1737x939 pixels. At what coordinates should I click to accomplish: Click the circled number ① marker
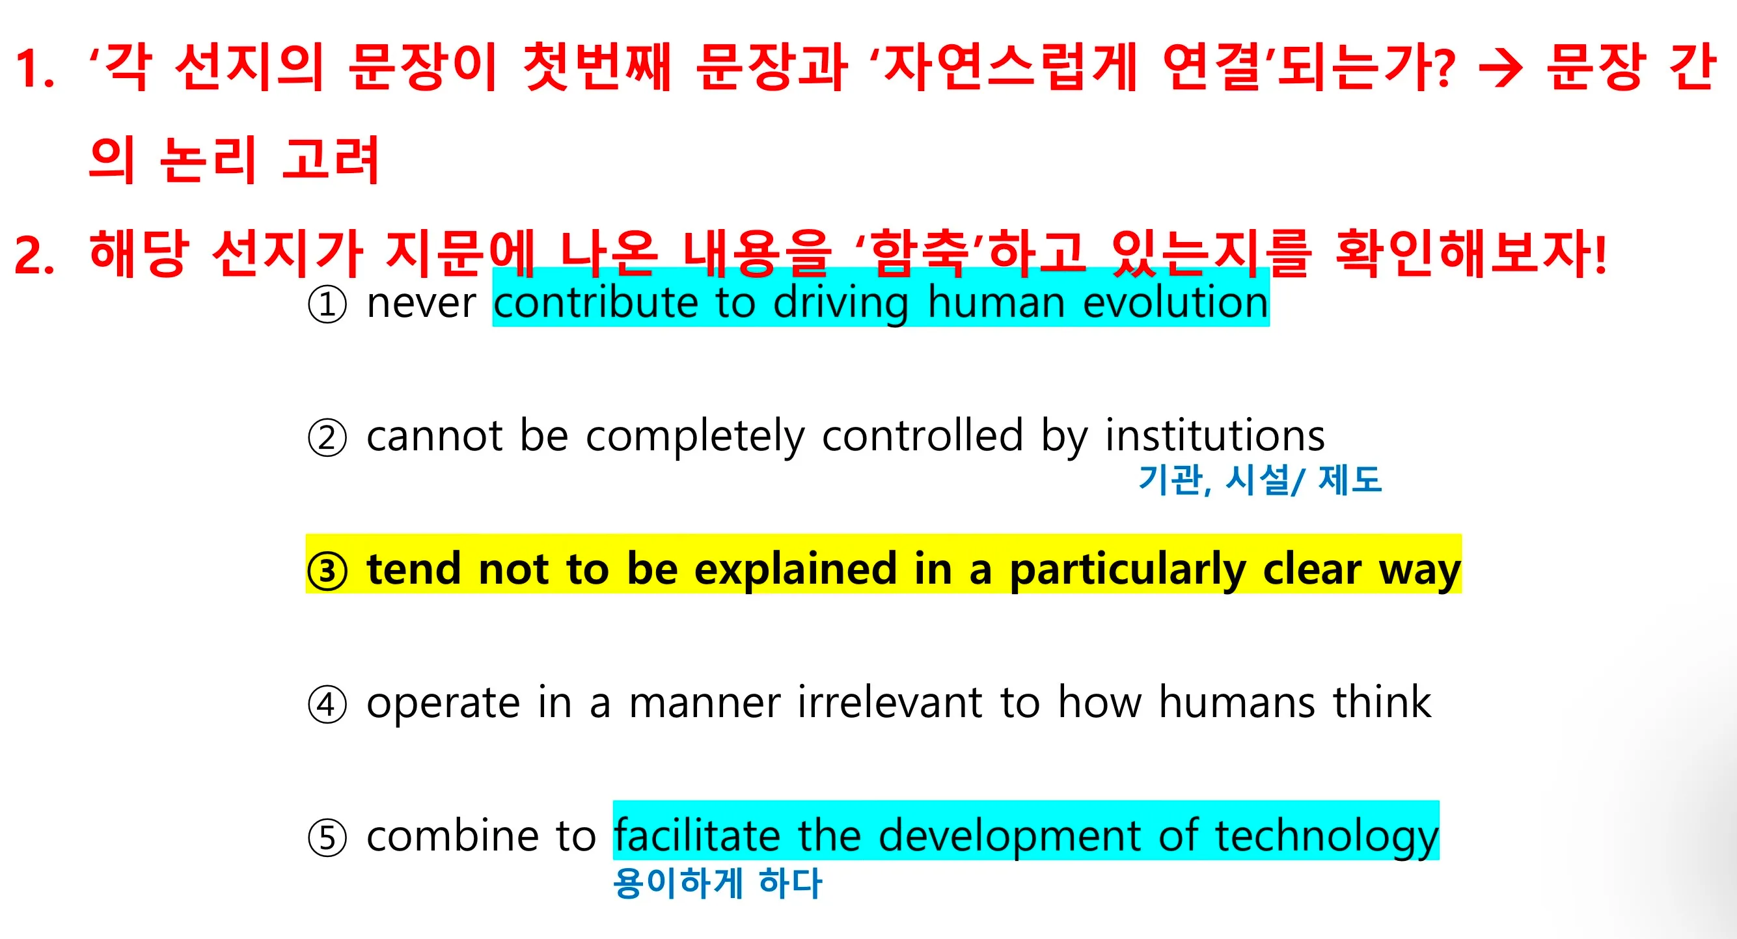[x=327, y=305]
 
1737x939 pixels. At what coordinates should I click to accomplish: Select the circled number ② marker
[x=327, y=438]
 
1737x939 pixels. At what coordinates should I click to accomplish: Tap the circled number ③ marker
[x=327, y=571]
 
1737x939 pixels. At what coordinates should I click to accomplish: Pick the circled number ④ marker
[x=327, y=705]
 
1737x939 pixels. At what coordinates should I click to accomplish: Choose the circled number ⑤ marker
[x=327, y=839]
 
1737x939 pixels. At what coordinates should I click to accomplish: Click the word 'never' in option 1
[x=422, y=303]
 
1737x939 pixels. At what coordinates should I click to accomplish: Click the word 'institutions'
[x=1214, y=435]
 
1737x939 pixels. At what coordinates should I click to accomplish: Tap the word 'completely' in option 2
[x=695, y=437]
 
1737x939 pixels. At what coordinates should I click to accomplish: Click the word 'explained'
[x=796, y=570]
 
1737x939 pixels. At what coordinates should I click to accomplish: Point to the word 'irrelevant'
[x=890, y=702]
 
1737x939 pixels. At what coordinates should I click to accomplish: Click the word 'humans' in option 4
[x=1237, y=702]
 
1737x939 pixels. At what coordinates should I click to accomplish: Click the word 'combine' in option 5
[x=452, y=836]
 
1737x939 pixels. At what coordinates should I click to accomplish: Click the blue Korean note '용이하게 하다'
[x=717, y=883]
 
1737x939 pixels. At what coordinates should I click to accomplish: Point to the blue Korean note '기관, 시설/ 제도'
[x=1259, y=480]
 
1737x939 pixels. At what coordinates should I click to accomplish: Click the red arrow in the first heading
[x=1500, y=69]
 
